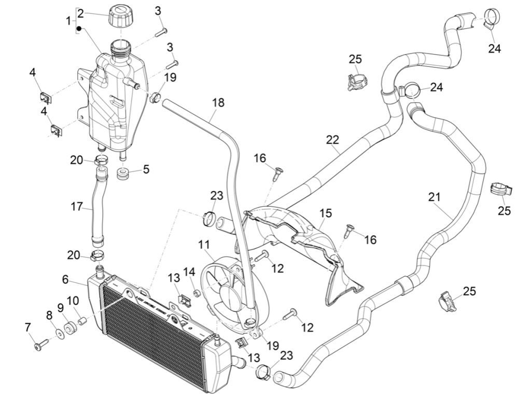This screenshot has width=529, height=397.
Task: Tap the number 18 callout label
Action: [218, 103]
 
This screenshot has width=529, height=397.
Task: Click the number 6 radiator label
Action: [65, 279]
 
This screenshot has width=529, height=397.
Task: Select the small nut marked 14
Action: [197, 294]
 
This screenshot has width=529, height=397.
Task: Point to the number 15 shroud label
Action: [325, 214]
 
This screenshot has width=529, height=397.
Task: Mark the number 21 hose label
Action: [434, 197]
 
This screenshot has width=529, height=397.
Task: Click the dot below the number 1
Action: [79, 27]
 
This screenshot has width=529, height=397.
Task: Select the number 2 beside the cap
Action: [81, 13]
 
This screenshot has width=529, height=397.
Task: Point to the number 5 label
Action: [146, 169]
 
